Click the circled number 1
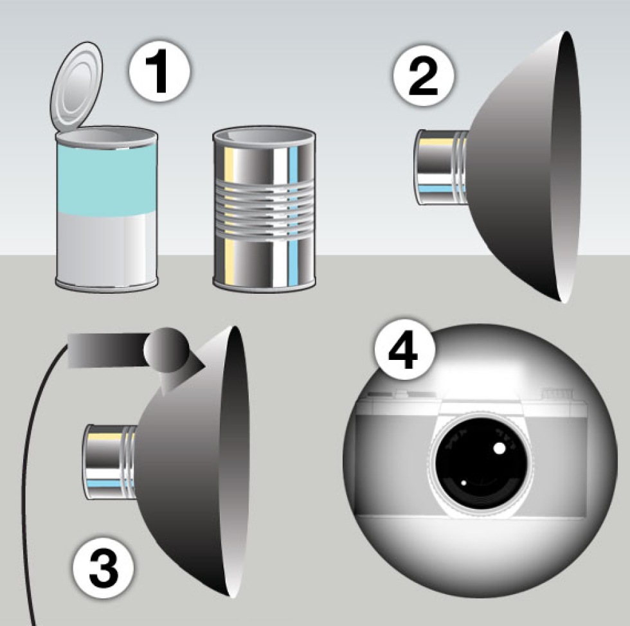(x=159, y=73)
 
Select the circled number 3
(x=104, y=568)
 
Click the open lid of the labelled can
(x=76, y=89)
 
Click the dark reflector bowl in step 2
(x=522, y=166)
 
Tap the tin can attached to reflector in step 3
(x=111, y=462)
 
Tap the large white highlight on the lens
(x=500, y=448)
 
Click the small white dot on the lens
(x=464, y=483)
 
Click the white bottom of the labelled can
(x=105, y=249)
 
